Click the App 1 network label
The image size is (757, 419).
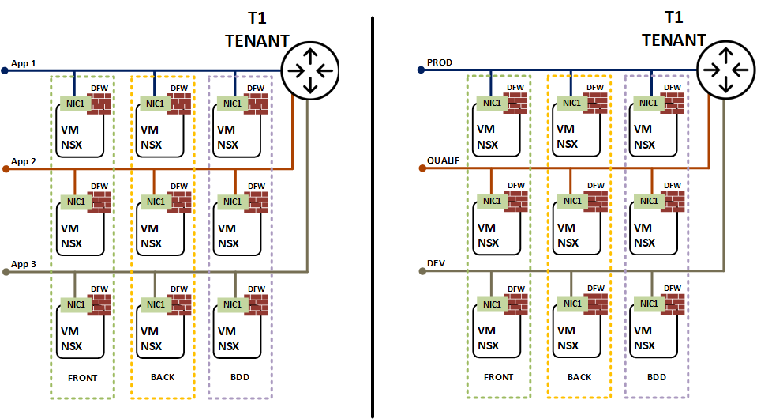coord(24,62)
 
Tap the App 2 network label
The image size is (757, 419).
coord(24,160)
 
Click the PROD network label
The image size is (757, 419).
coord(439,62)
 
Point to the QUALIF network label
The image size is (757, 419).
coord(443,160)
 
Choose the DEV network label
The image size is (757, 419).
coord(437,263)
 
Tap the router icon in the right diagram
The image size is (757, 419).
coord(723,70)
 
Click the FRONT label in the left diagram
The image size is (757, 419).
coord(81,378)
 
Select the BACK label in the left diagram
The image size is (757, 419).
coord(162,378)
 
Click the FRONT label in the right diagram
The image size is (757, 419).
coord(497,378)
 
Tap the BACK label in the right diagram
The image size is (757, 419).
coord(579,378)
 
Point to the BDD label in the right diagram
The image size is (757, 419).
coord(655,378)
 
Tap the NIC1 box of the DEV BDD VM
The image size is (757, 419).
coord(648,304)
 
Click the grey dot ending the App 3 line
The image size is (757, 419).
coord(5,271)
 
